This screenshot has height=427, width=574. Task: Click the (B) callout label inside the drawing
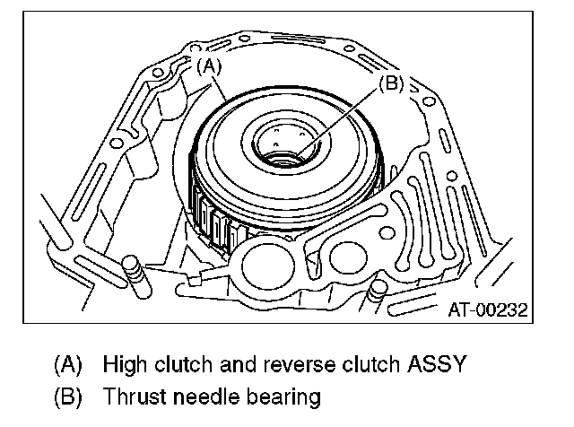coord(390,83)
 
